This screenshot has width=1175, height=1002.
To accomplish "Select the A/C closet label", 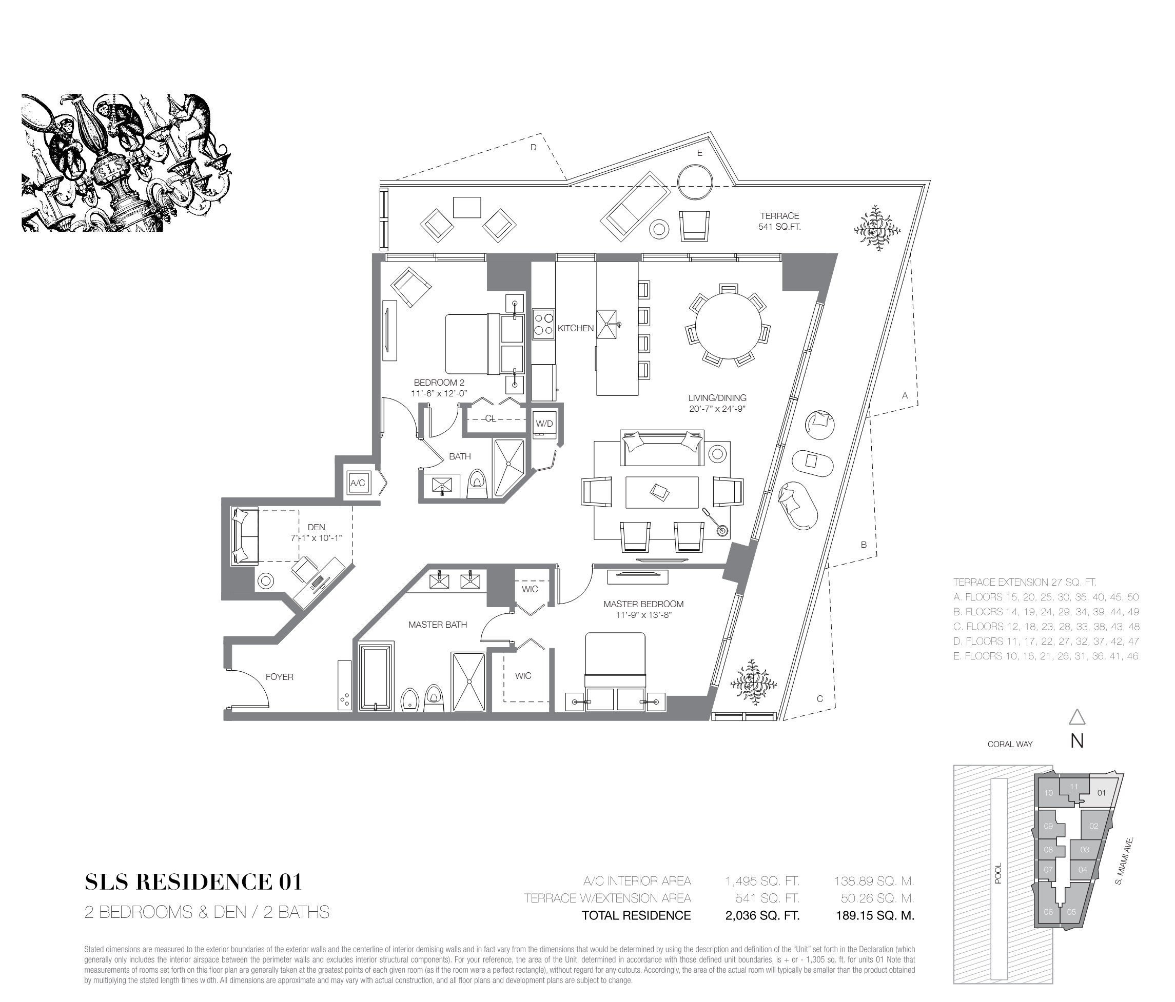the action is [x=357, y=484].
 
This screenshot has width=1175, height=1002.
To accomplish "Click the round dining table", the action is [x=729, y=325].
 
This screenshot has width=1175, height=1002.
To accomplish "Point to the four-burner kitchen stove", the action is [x=543, y=324].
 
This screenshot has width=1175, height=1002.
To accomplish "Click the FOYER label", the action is [x=280, y=677].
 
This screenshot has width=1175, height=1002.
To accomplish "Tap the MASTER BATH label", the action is [x=437, y=625].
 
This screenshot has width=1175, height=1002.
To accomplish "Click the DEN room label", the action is [x=317, y=527].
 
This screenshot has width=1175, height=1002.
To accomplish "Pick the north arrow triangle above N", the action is [x=1077, y=717].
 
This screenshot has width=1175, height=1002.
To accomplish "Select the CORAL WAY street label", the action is [x=1010, y=744].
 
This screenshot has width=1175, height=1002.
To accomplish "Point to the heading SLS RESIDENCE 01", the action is [x=193, y=882].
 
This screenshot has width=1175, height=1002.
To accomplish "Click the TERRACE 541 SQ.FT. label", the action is [x=779, y=221].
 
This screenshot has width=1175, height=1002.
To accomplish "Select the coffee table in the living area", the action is [x=662, y=492].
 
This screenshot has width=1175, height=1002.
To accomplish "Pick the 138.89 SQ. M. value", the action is [x=874, y=881].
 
